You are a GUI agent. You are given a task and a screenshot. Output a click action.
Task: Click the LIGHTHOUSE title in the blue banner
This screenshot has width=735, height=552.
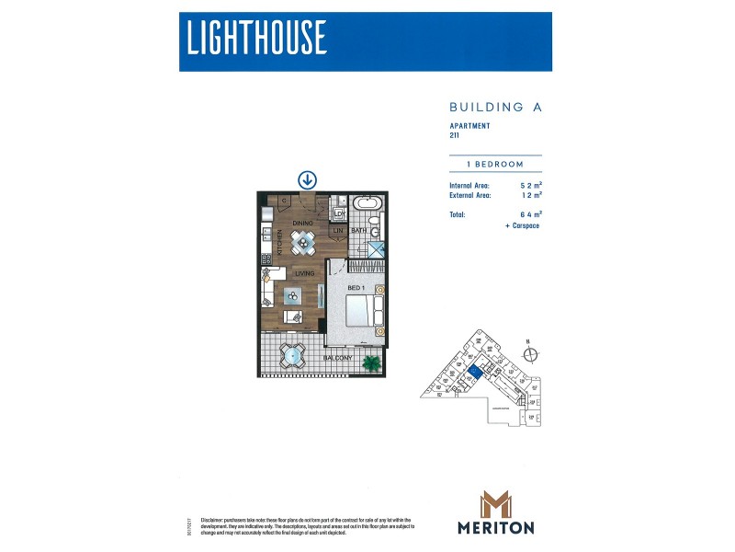(256, 38)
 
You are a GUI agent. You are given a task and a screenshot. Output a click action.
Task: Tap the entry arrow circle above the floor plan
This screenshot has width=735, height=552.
(307, 180)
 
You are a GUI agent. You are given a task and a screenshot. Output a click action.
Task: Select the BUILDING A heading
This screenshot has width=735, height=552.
(495, 107)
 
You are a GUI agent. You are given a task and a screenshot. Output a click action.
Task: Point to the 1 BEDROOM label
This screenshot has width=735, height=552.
(495, 164)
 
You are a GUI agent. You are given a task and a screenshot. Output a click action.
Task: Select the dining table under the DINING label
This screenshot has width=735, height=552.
(303, 242)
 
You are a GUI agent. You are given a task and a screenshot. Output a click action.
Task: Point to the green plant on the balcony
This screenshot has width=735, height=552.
(372, 362)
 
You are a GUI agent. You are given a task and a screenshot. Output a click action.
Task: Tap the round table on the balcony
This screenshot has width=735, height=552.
(293, 355)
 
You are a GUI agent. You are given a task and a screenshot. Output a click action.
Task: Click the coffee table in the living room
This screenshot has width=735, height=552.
(293, 294)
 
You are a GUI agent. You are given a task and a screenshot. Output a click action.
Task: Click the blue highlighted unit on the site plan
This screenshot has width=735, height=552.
(473, 371)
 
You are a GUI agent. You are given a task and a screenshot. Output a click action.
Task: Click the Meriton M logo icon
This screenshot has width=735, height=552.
(495, 504)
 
